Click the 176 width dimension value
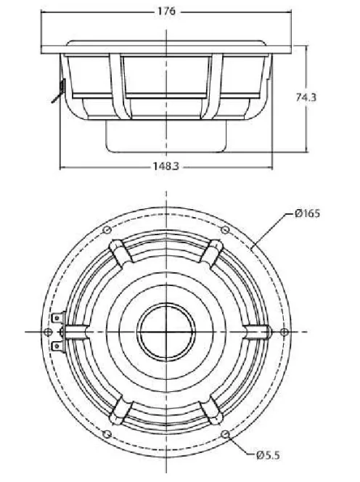tap(167, 11)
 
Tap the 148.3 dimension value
tap(166, 166)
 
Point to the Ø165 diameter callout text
tap(308, 213)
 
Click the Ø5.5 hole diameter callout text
tap(266, 455)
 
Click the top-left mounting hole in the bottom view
tap(108, 230)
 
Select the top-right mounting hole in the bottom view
tap(226, 230)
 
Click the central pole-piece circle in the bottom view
tap(167, 331)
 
